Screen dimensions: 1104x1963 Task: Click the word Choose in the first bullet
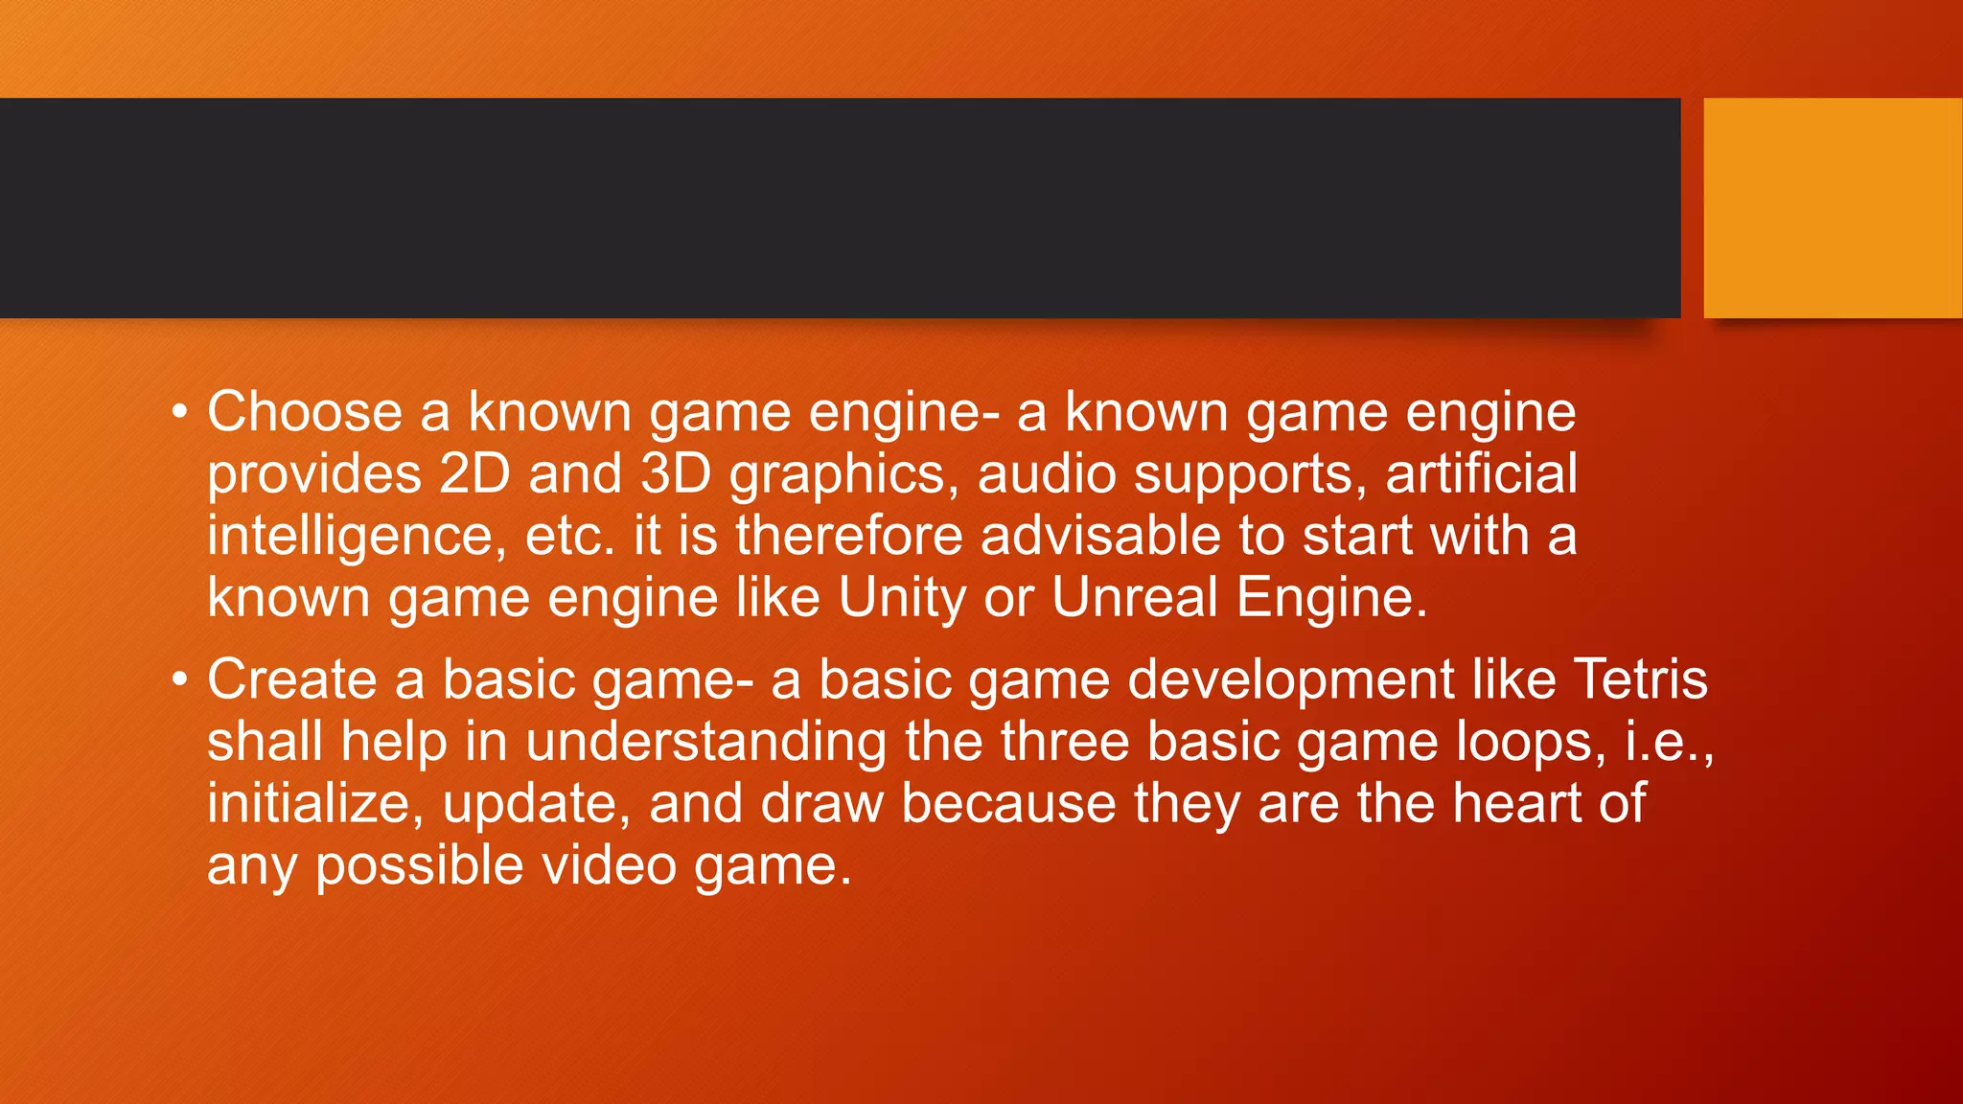[x=305, y=412]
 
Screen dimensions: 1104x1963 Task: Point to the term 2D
[x=474, y=473]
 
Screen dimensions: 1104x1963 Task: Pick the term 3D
[x=675, y=473]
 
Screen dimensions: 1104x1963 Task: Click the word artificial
[x=1481, y=473]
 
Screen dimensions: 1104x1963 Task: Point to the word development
[x=1291, y=681]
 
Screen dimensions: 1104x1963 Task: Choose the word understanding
[x=705, y=743]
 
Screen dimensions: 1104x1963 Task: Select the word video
[x=609, y=865]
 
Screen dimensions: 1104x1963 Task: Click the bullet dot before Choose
[x=179, y=413]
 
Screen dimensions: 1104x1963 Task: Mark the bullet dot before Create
[x=179, y=680]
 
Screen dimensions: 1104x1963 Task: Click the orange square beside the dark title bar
[x=1832, y=208]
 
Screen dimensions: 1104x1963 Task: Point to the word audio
[x=1047, y=473]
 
